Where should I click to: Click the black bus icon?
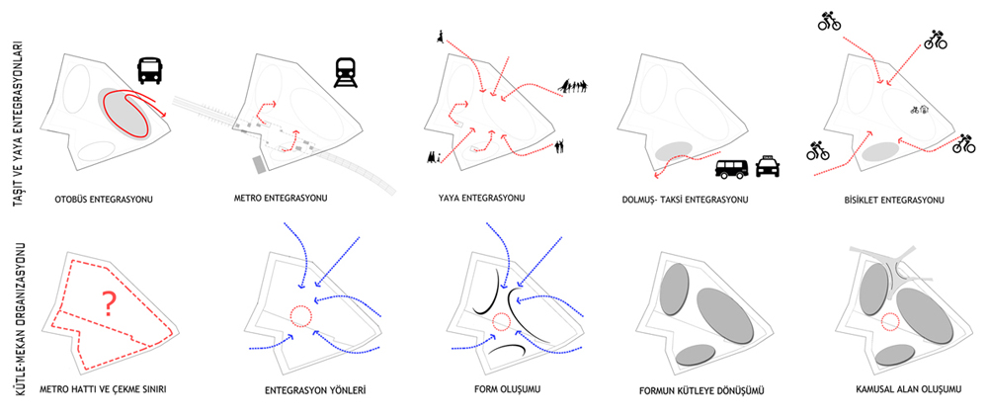tap(150, 70)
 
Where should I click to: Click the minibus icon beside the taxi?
tap(732, 168)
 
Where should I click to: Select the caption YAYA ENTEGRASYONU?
tap(481, 198)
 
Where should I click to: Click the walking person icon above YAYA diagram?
tap(439, 38)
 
